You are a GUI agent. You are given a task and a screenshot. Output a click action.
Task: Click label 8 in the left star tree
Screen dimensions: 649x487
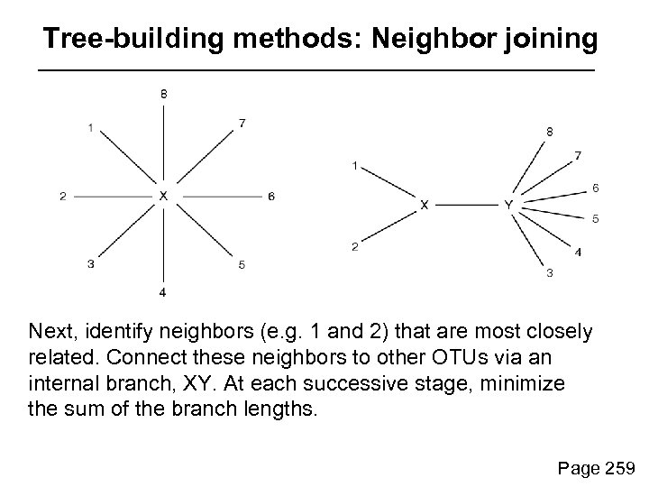163,93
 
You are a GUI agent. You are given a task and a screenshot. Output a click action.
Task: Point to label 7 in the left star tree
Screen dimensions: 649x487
242,124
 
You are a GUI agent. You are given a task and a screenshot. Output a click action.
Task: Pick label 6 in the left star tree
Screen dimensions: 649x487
270,196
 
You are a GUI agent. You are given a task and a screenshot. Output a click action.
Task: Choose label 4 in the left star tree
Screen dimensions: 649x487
163,292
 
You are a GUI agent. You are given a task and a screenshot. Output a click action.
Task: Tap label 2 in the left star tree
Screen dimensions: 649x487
63,196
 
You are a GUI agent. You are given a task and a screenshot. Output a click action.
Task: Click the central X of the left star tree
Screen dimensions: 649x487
163,195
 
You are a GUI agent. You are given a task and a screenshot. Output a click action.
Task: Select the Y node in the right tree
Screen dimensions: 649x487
509,206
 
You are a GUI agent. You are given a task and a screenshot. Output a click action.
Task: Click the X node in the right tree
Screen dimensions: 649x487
425,206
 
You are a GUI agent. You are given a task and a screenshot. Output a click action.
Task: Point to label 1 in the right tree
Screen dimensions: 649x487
356,165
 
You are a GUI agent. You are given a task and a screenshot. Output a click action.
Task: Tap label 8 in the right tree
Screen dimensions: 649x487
550,132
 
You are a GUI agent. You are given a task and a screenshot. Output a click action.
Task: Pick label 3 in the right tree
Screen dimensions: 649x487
550,273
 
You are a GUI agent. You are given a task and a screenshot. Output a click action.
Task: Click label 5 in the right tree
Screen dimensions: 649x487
596,218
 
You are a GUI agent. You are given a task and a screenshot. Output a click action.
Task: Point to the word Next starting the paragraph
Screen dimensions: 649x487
50,333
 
